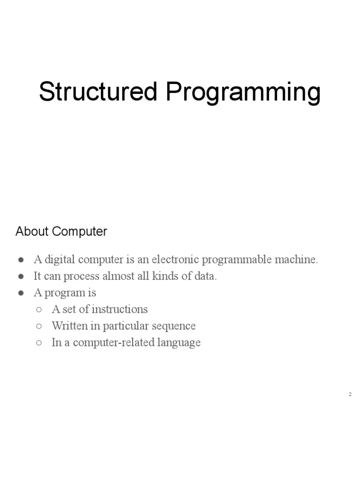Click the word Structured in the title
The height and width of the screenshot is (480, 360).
(x=98, y=92)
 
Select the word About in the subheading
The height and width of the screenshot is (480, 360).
(x=32, y=231)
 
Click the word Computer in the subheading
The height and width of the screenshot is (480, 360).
(x=80, y=232)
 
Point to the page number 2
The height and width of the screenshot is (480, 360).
(x=350, y=395)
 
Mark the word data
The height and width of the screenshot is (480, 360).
(x=206, y=276)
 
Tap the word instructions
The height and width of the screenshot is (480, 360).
(x=120, y=309)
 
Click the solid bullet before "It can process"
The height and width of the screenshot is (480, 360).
(x=22, y=277)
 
